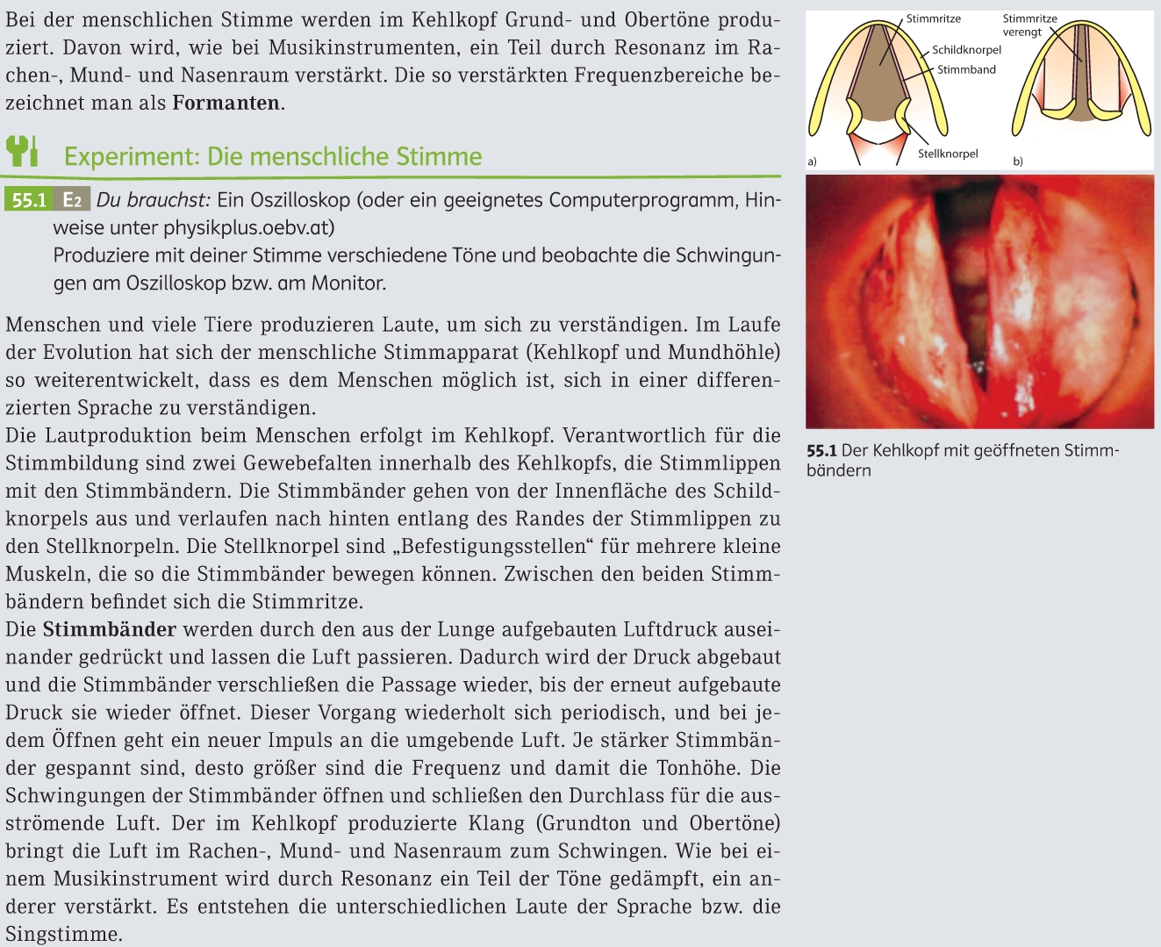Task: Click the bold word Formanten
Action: point(226,104)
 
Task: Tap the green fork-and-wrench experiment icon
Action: point(22,151)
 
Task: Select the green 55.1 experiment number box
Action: point(29,200)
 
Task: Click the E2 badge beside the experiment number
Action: point(72,200)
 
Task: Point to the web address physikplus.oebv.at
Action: point(248,228)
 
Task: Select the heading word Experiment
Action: point(131,157)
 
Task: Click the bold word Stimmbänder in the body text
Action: point(110,629)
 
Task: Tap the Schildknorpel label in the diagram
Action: point(966,50)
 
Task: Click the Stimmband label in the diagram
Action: point(966,69)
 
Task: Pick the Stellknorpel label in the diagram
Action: point(948,154)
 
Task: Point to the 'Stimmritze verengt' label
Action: point(1029,25)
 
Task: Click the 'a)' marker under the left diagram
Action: point(812,161)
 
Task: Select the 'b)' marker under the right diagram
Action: point(1018,161)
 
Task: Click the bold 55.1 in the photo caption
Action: point(821,451)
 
